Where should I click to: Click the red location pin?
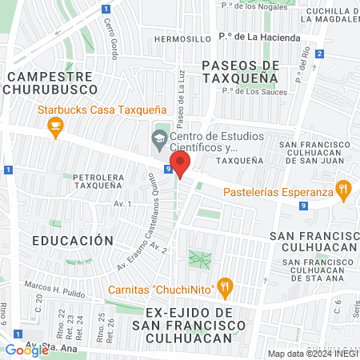tap(181, 166)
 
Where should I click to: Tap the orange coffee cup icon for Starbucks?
tap(54, 125)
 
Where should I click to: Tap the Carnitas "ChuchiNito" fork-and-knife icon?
tap(226, 285)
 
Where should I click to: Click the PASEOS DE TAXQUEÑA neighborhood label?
tap(240, 72)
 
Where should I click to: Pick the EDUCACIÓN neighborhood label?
tap(68, 239)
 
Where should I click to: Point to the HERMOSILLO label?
tap(181, 38)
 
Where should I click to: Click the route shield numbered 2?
tap(319, 54)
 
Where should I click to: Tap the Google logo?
tap(26, 350)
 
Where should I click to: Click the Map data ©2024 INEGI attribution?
tap(313, 353)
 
